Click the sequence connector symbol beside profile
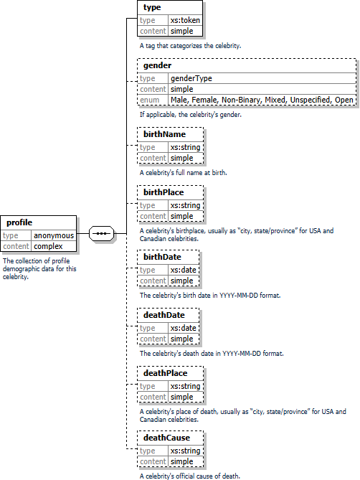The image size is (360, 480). pos(102,234)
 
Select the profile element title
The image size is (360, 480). pos(19,222)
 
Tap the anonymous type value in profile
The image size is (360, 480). pos(54,235)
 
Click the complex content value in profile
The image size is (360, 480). pos(48,246)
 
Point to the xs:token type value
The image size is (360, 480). pos(185,20)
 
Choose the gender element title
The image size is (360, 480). pos(157,65)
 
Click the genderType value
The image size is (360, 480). pos(191,78)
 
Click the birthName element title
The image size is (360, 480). pos(164,134)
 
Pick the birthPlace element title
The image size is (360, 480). pos(164,192)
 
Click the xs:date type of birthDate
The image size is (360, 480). pos(183,270)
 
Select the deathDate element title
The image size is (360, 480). pos(164,315)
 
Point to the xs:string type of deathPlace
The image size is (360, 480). pos(185,386)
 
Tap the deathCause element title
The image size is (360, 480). pos(166,438)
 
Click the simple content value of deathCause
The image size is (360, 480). pos(181,461)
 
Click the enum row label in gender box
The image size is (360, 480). pos(150,100)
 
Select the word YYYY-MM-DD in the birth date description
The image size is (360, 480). pos(240,296)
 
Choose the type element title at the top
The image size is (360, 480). pos(152,8)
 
